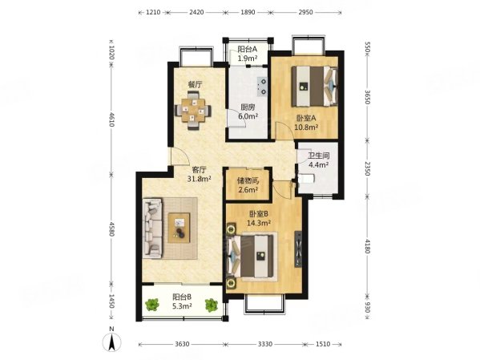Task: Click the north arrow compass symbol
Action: pos(112,341)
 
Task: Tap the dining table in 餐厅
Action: pos(193,111)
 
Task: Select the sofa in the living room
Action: pos(153,229)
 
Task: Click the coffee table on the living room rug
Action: pos(179,228)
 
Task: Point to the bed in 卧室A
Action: pos(314,86)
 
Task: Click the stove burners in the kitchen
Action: pos(262,87)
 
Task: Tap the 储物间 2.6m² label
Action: pos(248,185)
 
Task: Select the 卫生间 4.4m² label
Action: pos(318,160)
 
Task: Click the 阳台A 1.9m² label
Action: pos(247,53)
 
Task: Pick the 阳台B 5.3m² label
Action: pos(182,301)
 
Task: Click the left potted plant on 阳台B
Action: pos(152,305)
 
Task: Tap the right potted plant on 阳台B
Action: pos(212,305)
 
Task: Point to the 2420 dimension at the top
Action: pos(196,12)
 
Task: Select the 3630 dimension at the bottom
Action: pos(182,344)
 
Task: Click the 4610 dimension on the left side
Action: pos(111,119)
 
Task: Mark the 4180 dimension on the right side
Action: pos(368,246)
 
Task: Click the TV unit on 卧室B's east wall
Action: pos(298,249)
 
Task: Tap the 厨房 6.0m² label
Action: pos(248,111)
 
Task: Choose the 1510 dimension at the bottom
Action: pos(323,344)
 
